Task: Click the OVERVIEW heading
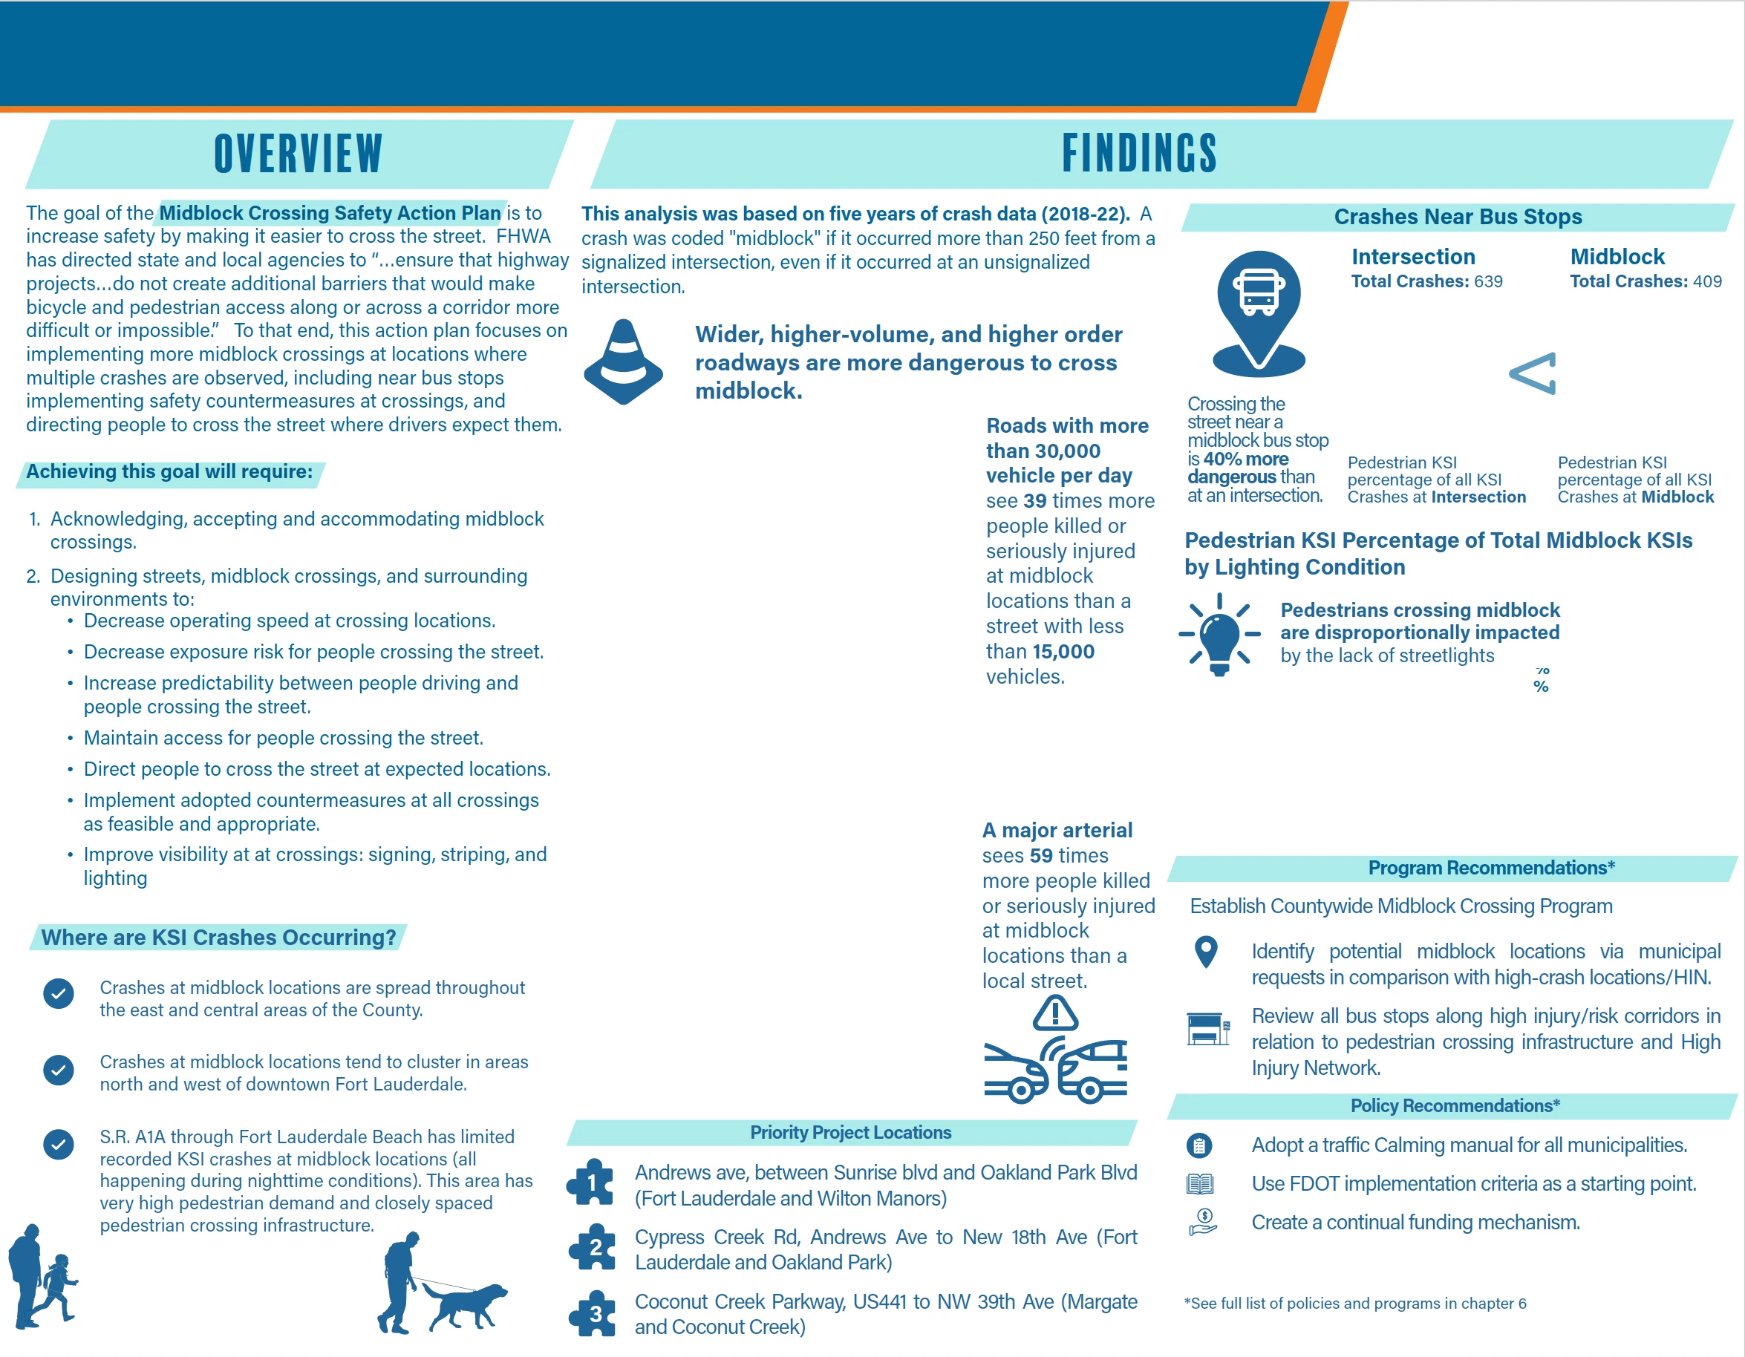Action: coord(298,154)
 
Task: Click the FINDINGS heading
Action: coord(1138,154)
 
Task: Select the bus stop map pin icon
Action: coord(1259,312)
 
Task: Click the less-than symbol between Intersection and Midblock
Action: coord(1533,373)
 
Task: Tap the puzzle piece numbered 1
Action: coord(591,1183)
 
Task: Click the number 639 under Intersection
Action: coord(1488,281)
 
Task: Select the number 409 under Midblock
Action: coord(1706,281)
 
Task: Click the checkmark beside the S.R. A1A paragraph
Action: coord(59,1144)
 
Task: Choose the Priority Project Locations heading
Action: coord(850,1133)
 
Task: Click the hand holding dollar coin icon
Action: coord(1202,1222)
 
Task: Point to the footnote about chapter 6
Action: coord(1355,1304)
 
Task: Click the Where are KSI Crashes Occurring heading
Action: coord(218,938)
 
